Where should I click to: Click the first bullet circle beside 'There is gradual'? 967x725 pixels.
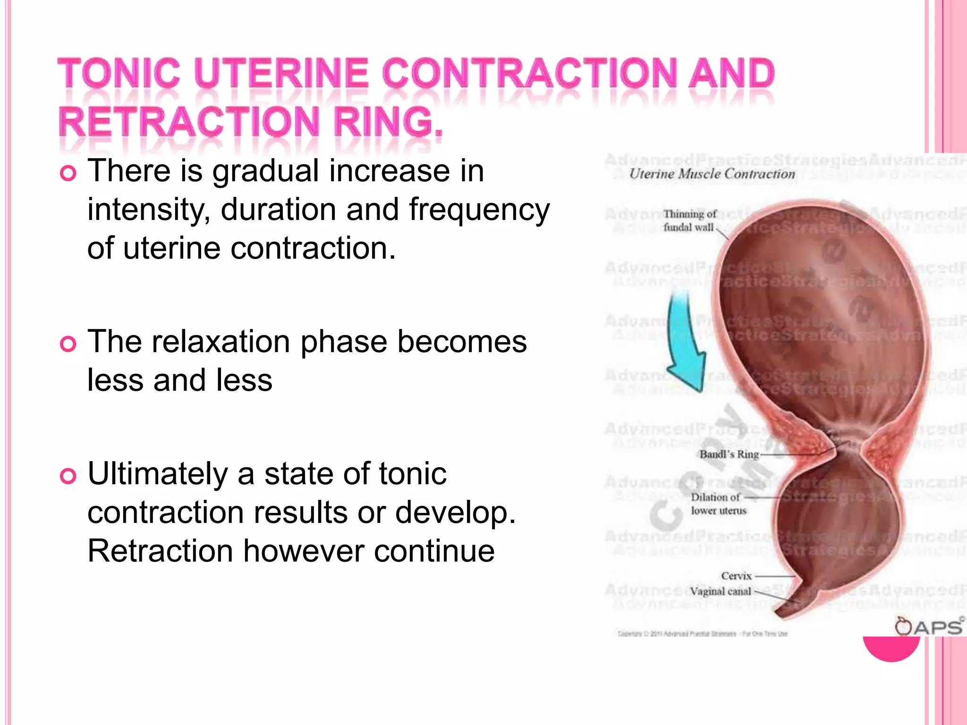(68, 174)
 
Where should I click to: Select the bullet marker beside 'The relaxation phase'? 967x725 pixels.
(68, 344)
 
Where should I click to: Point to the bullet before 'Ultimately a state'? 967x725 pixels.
(68, 476)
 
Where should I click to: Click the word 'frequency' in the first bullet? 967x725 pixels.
(479, 211)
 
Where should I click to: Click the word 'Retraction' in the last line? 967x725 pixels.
(160, 551)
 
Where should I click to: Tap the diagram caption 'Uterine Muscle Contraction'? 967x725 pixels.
(712, 174)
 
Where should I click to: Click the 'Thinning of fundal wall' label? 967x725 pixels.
(689, 221)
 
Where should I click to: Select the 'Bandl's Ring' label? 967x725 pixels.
(729, 455)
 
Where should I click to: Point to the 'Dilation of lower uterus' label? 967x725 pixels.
(718, 504)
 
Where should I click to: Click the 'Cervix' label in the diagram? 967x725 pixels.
(736, 576)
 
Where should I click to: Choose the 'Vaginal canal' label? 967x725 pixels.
(720, 591)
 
